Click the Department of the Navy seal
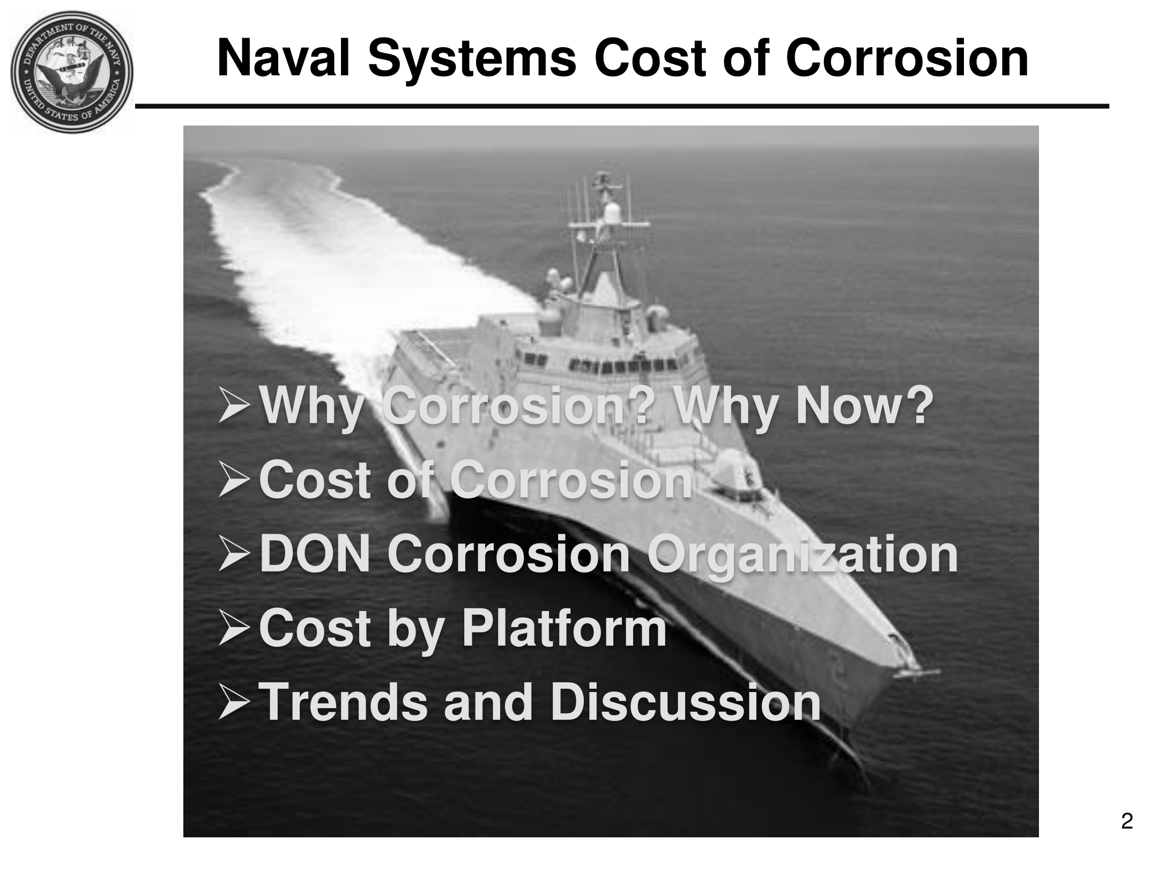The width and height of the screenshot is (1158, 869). (x=72, y=72)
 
